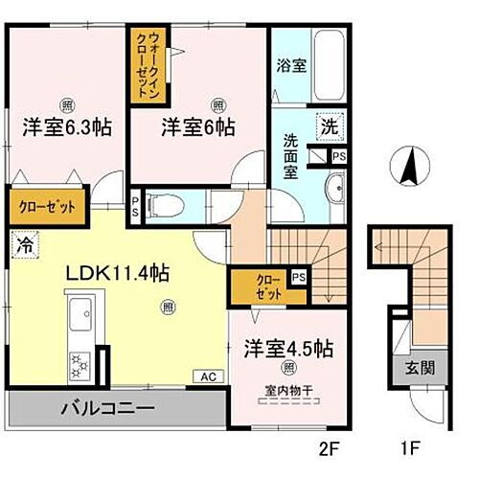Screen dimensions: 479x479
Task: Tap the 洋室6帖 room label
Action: (198, 126)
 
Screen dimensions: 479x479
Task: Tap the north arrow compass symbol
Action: (412, 168)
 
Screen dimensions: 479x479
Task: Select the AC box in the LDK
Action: (207, 376)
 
